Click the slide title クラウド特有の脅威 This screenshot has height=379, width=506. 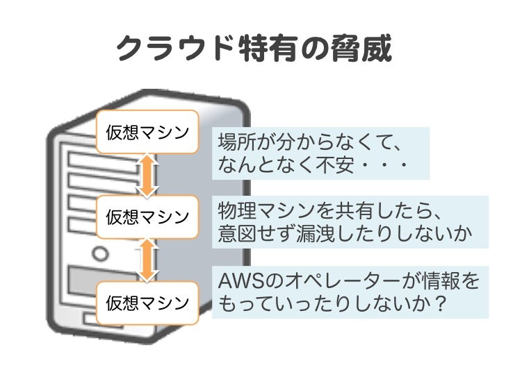click(x=253, y=48)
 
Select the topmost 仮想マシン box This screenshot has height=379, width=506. click(x=147, y=132)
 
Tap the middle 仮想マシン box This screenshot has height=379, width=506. click(x=147, y=217)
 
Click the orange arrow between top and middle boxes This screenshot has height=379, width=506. click(x=147, y=175)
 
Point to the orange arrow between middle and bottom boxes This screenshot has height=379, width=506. click(x=147, y=259)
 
